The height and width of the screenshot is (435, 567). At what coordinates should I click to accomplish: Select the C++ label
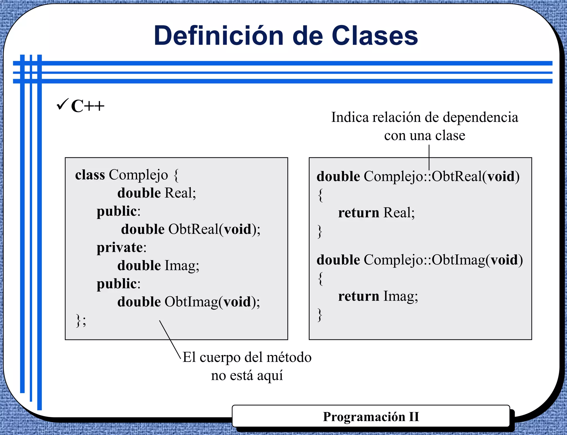click(x=87, y=106)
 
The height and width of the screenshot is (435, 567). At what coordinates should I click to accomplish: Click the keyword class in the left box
click(x=90, y=175)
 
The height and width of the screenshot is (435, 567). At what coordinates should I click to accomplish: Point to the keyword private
click(x=120, y=247)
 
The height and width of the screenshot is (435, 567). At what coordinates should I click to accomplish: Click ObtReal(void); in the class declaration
click(x=214, y=229)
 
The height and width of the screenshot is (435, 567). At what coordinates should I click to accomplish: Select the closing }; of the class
click(x=81, y=321)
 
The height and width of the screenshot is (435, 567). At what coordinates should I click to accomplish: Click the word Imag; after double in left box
click(x=182, y=265)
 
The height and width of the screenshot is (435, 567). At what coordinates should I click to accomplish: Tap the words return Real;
click(x=376, y=213)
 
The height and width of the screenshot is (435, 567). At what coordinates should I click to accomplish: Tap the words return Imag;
click(x=378, y=296)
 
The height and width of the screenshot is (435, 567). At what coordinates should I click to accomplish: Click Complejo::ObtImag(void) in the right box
click(x=443, y=260)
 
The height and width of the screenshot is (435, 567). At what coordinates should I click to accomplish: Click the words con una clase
click(x=424, y=135)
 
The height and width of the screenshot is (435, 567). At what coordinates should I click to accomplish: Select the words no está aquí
click(x=247, y=376)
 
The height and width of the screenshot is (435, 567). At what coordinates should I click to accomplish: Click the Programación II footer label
click(x=371, y=417)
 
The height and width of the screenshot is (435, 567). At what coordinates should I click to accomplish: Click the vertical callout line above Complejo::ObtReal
click(x=429, y=157)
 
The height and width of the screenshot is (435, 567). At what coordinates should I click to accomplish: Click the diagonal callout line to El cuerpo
click(x=170, y=339)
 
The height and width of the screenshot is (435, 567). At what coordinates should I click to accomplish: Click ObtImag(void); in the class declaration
click(x=212, y=302)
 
